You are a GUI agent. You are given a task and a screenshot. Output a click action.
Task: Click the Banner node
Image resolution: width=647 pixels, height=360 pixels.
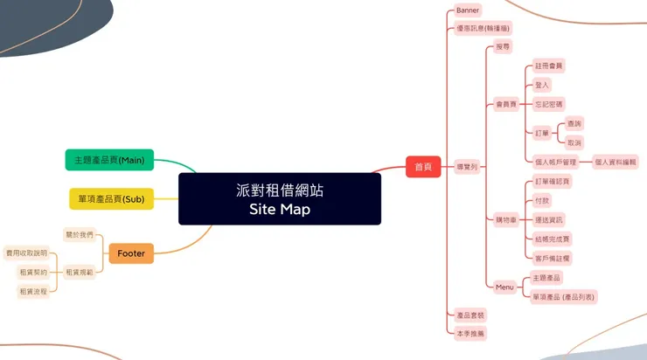[x=468, y=10]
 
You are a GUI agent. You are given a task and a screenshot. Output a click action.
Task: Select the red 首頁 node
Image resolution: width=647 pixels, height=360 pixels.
[x=422, y=167]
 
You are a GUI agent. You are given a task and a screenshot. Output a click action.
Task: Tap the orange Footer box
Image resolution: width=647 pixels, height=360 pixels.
[x=131, y=254]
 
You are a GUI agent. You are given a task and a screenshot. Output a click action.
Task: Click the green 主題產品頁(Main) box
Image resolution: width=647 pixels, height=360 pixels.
[x=109, y=160]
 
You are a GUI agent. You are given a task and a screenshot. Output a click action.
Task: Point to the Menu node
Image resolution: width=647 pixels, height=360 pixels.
[x=504, y=287]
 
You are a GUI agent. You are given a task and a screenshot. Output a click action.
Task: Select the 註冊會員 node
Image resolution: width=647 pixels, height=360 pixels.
[x=550, y=66]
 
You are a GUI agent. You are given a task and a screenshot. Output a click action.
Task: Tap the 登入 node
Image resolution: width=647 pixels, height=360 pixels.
[x=542, y=85]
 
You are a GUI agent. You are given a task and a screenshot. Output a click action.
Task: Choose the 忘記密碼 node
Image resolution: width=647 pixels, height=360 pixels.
[x=549, y=104]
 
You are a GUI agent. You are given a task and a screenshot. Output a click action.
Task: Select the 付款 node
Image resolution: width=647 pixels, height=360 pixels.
[x=542, y=200]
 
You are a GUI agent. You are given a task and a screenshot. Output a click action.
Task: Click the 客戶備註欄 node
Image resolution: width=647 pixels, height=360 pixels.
[x=553, y=259]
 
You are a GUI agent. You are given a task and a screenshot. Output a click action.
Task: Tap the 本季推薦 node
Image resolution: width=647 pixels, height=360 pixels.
[x=470, y=334]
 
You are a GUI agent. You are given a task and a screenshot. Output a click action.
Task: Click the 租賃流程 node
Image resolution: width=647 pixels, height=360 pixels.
[x=33, y=292]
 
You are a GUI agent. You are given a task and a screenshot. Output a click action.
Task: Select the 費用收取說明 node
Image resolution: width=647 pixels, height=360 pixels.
[x=26, y=253]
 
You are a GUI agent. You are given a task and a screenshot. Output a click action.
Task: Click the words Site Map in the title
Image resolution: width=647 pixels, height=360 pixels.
[x=279, y=210]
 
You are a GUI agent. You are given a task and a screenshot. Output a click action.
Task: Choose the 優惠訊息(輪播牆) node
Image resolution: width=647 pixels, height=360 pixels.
[x=484, y=28]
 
